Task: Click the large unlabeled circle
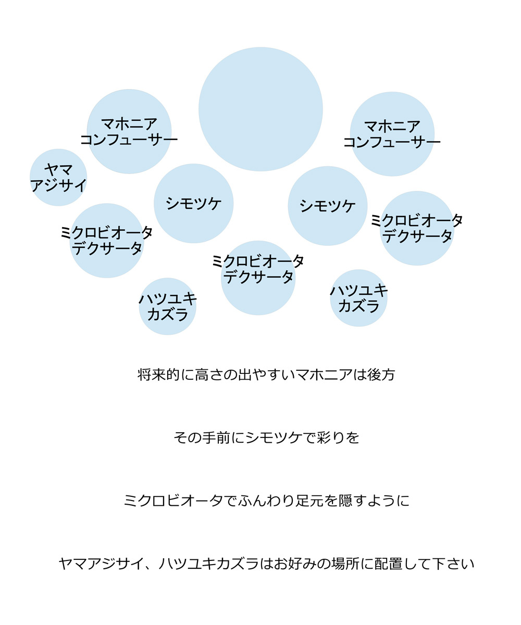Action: point(260,109)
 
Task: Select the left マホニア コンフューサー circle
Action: point(129,131)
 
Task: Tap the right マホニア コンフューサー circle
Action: point(392,134)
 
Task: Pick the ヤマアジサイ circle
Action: point(58,177)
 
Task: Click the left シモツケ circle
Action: point(194,204)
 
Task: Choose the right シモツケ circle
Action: point(328,206)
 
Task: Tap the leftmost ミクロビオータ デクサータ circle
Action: point(107,241)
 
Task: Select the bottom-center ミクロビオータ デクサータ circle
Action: point(258,278)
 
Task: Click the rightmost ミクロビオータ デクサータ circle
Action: point(417,228)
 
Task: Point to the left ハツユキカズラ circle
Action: point(168,306)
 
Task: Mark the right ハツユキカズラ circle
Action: point(358,298)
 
